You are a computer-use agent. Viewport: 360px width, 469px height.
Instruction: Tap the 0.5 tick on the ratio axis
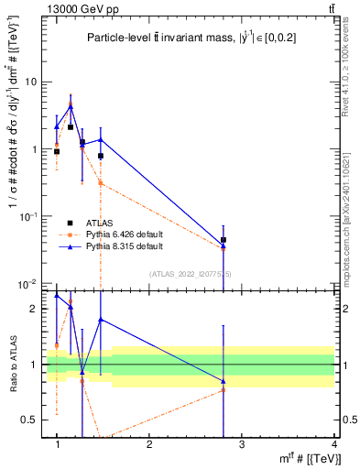[x=32, y=420]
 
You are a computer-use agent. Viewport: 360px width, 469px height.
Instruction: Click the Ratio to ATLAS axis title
[x=14, y=365]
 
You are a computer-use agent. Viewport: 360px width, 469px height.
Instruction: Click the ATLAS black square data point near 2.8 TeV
[x=224, y=240]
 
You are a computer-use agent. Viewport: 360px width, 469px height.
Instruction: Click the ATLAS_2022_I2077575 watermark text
[x=191, y=273]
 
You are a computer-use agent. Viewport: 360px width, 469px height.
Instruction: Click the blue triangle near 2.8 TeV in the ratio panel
[x=224, y=381]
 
